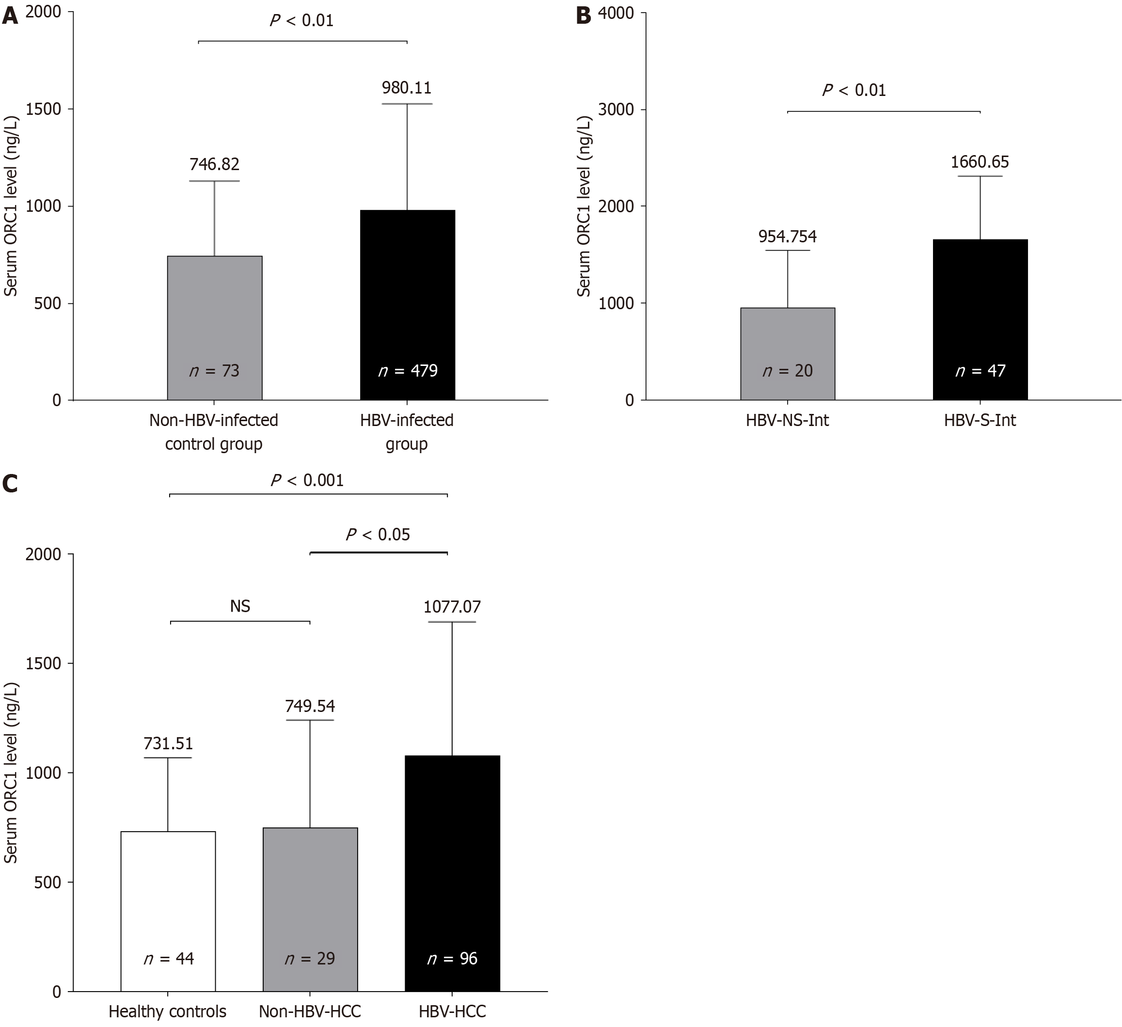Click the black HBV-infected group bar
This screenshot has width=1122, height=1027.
click(x=408, y=304)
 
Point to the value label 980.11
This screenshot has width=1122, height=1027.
click(x=406, y=88)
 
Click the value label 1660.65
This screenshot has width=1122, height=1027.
click(x=980, y=162)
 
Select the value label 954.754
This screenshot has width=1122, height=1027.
click(x=787, y=237)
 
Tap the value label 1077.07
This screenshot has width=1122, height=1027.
click(x=452, y=606)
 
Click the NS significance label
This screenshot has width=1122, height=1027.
click(x=240, y=606)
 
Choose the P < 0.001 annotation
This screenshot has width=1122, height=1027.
click(x=307, y=480)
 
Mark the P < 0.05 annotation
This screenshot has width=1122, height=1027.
click(x=378, y=535)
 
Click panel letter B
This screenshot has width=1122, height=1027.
click(x=583, y=16)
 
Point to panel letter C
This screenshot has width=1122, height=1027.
click(x=10, y=484)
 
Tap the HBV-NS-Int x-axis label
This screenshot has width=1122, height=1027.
click(x=787, y=420)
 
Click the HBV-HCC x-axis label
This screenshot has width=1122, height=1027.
click(x=452, y=1011)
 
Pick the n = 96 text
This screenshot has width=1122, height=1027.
click(x=452, y=958)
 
